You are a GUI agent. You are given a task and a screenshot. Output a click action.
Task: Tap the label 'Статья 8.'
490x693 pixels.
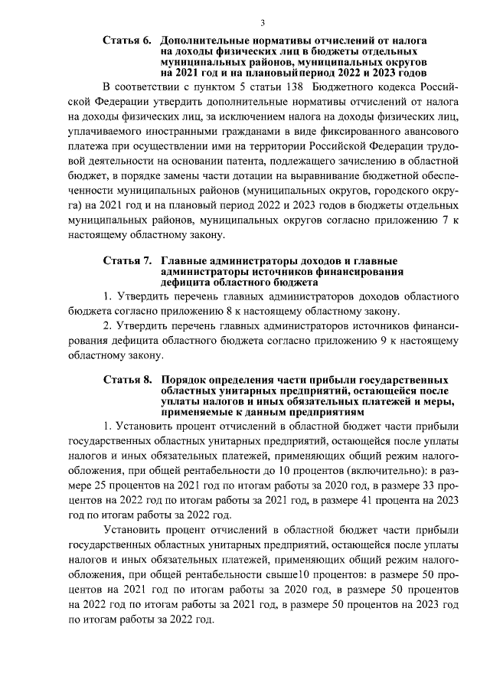[126, 380]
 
